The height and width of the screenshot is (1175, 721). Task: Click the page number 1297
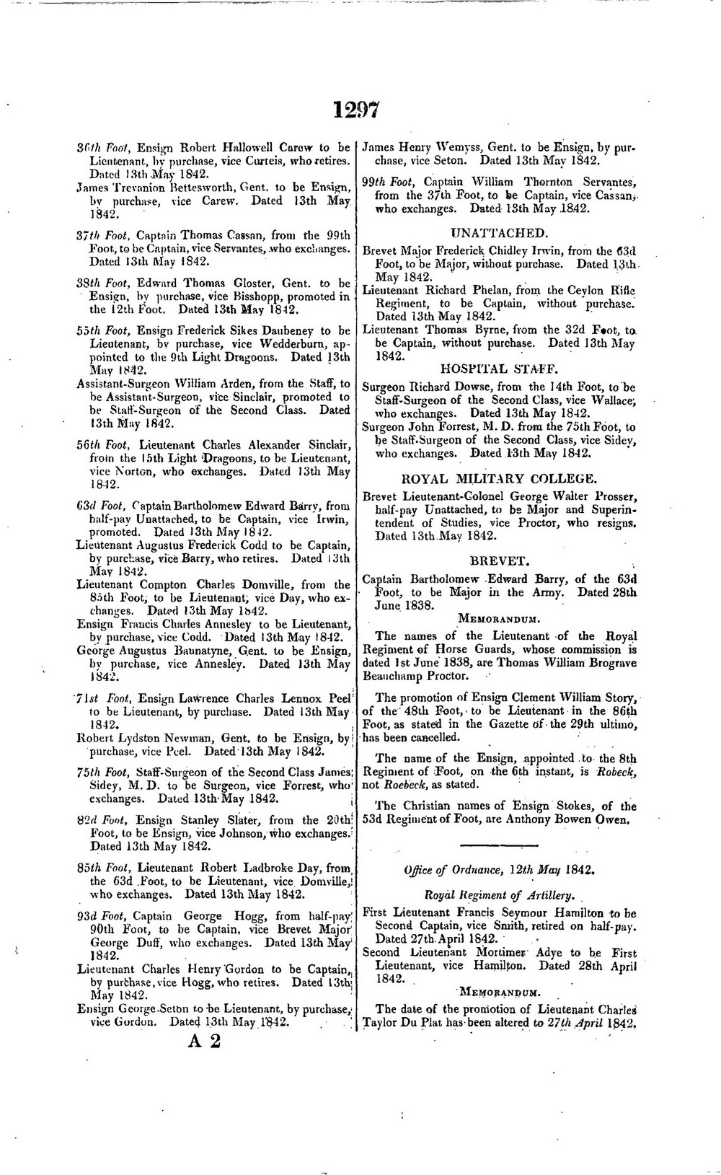pos(356,109)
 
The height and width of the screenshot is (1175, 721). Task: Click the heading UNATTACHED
pos(498,232)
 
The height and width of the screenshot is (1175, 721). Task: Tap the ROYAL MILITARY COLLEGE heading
pos(498,478)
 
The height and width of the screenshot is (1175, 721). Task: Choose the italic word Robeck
pos(615,771)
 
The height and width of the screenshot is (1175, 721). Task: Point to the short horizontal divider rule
pos(498,845)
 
